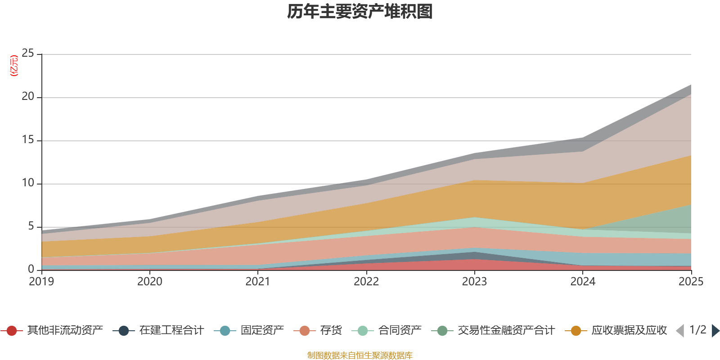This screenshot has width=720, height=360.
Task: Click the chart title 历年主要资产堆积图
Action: click(360, 12)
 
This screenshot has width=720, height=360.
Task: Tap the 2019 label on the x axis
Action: click(41, 282)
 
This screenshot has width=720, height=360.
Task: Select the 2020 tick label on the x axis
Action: click(150, 282)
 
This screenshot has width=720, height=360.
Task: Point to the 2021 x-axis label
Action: click(258, 282)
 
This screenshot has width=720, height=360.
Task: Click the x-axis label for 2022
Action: click(366, 282)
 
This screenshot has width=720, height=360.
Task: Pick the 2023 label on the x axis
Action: click(474, 282)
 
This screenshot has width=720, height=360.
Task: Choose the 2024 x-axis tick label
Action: click(583, 282)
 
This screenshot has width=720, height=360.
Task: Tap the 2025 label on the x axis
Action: click(691, 282)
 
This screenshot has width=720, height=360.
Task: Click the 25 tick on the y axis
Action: click(28, 53)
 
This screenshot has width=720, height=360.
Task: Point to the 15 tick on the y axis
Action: click(28, 140)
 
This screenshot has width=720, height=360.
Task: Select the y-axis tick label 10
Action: click(28, 183)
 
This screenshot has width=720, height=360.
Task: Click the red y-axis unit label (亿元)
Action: click(14, 66)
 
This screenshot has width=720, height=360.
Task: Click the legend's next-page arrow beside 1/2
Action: click(715, 331)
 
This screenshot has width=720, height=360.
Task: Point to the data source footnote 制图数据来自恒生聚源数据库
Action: click(360, 355)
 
